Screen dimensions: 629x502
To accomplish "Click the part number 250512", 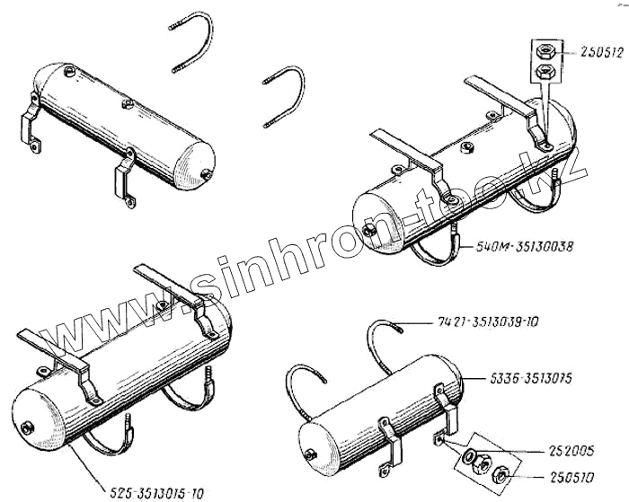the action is [590, 52].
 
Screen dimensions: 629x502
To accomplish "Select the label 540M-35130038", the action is [529, 244].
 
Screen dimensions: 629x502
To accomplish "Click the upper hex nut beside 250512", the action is [545, 51].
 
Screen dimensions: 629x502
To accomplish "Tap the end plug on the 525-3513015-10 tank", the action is [28, 426].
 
